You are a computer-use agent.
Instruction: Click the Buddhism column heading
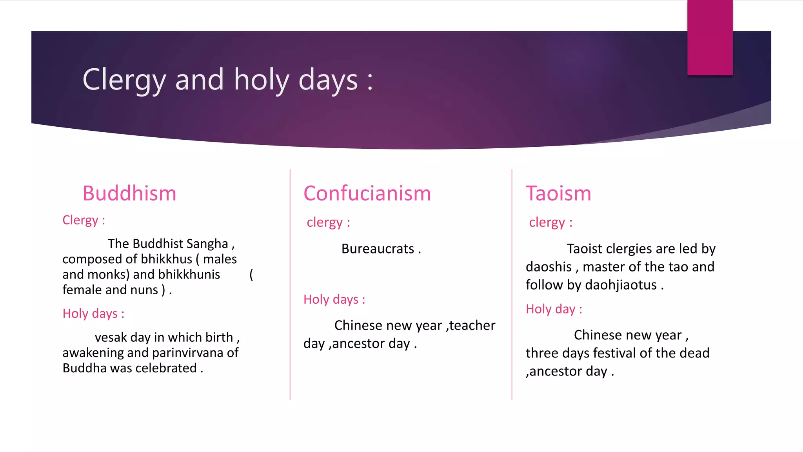[129, 193]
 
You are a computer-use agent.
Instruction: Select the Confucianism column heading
[367, 193]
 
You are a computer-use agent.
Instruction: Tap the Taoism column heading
[558, 193]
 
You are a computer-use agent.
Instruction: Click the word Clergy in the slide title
[124, 80]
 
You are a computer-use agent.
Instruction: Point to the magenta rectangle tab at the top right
[710, 37]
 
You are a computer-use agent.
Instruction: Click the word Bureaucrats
[378, 249]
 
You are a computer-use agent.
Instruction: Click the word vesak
[111, 337]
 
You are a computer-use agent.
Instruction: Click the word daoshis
[549, 267]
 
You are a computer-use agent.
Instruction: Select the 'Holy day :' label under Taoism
[554, 309]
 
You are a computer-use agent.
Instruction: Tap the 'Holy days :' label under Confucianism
[334, 299]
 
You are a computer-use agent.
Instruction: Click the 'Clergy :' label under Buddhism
[84, 220]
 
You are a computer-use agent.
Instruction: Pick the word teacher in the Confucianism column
[472, 326]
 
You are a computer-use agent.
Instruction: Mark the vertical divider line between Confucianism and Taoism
[512, 284]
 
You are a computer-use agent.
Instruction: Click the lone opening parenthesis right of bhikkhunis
[251, 275]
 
